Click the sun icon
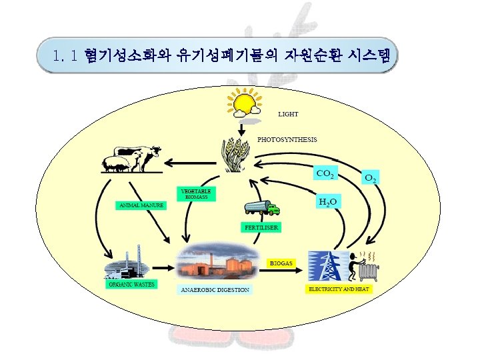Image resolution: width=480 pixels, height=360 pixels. coord(243,104)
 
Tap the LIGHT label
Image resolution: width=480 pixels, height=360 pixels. coord(288,115)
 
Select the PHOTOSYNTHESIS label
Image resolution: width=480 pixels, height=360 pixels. coord(287,140)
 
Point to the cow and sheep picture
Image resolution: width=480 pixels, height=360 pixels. coord(133,159)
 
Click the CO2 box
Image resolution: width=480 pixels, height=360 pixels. coord(325,174)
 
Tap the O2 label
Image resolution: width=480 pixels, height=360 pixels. coord(371,179)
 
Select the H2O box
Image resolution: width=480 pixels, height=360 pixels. coord(327,201)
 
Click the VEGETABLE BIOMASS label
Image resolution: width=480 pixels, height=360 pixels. coord(196,194)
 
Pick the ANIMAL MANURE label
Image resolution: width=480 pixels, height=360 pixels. coord(141,205)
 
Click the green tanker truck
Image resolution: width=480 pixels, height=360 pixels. coord(262,208)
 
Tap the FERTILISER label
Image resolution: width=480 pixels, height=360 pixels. coord(261,227)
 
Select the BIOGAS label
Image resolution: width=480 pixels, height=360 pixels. coord(281,263)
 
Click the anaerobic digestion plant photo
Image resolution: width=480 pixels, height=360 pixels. coord(219,261)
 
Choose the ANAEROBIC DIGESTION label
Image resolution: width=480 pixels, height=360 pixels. coord(215,290)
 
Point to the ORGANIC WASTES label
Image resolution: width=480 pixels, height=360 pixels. coord(131,285)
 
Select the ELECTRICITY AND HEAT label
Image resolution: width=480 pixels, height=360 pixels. coord(339,289)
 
